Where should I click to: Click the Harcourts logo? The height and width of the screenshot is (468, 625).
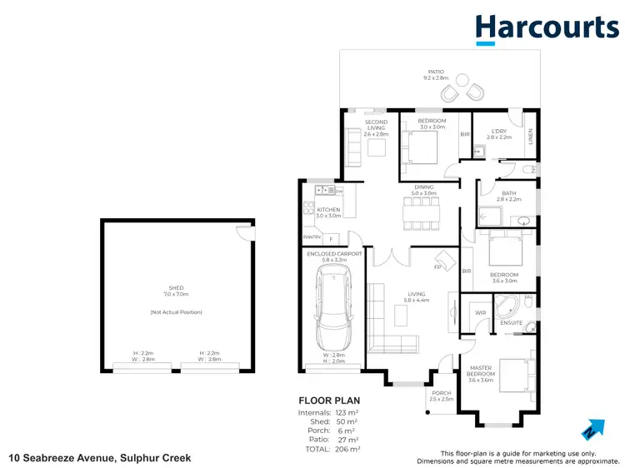pos(547,28)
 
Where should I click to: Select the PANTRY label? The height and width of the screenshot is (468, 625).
pos(312,238)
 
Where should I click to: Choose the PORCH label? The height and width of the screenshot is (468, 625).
pos(441,393)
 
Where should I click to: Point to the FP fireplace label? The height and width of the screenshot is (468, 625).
pos(437,267)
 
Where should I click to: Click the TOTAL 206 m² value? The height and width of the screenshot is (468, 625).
pos(348,449)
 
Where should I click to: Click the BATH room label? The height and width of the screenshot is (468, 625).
pos(508,193)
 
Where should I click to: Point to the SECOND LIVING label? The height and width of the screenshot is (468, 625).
pos(376,127)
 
